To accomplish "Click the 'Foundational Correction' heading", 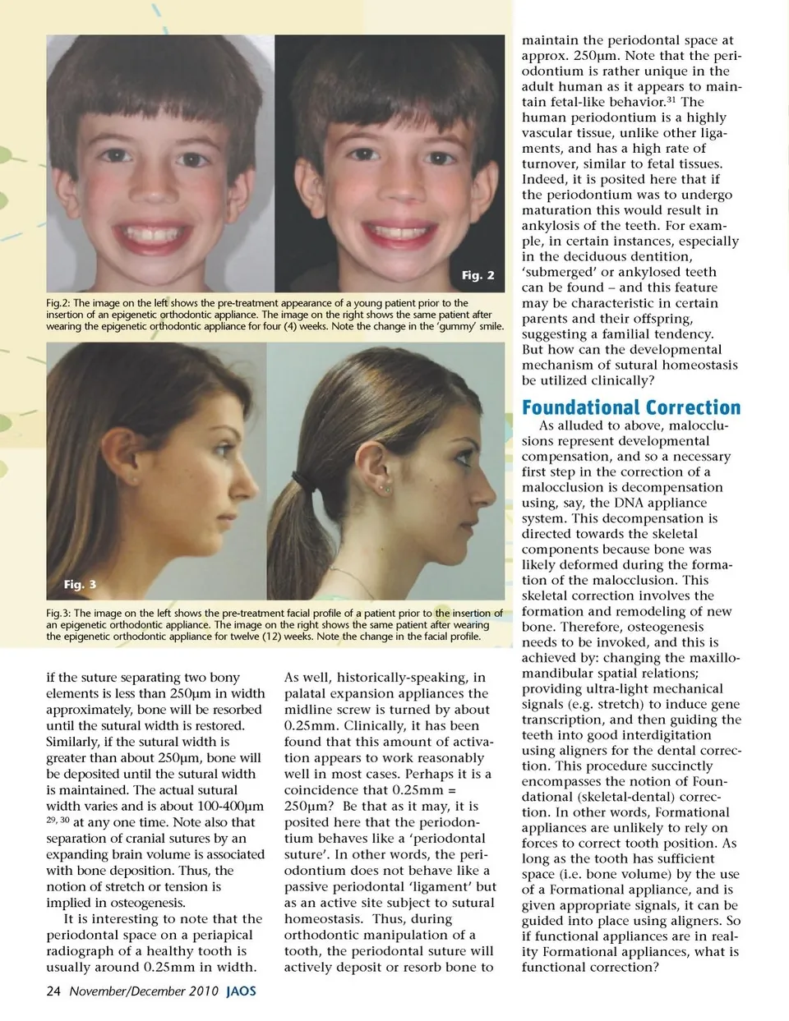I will pyautogui.click(x=630, y=407).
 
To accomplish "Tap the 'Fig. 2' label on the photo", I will pyautogui.click(x=478, y=275).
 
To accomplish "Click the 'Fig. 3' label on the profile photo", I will pyautogui.click(x=80, y=584).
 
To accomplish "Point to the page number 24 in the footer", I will pyautogui.click(x=53, y=991).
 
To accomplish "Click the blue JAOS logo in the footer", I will pyautogui.click(x=241, y=991).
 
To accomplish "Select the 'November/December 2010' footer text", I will pyautogui.click(x=144, y=991).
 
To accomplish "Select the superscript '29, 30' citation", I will pyautogui.click(x=58, y=820).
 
